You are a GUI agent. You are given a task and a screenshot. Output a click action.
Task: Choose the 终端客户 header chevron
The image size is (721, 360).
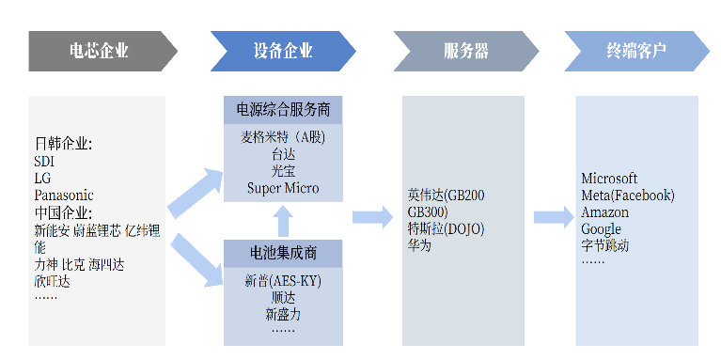636,51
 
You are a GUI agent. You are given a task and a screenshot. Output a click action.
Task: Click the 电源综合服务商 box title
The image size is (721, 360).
283,110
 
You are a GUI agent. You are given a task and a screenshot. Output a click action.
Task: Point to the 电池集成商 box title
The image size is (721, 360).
283,254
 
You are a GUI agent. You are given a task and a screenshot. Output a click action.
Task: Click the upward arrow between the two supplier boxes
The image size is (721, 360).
283,221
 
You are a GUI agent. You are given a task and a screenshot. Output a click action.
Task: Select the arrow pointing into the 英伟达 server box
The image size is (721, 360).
372,218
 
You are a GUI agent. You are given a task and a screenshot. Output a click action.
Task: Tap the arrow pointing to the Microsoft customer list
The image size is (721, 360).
553,218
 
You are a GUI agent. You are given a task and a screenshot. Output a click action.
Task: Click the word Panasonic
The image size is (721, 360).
64,195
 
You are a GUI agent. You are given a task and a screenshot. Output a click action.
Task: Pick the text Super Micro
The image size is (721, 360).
283,188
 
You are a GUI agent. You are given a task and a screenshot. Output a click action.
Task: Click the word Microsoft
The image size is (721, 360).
609,179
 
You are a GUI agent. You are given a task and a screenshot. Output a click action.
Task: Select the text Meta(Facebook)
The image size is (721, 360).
628,196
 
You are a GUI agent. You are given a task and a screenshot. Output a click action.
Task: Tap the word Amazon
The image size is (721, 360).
604,212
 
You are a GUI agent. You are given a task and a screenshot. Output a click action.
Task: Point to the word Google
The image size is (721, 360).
601,229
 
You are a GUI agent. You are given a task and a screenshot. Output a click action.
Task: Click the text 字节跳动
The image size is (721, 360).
605,245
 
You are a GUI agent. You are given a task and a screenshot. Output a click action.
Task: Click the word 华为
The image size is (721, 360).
419,245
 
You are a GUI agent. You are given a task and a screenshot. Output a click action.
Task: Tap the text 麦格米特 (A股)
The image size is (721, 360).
283,137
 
